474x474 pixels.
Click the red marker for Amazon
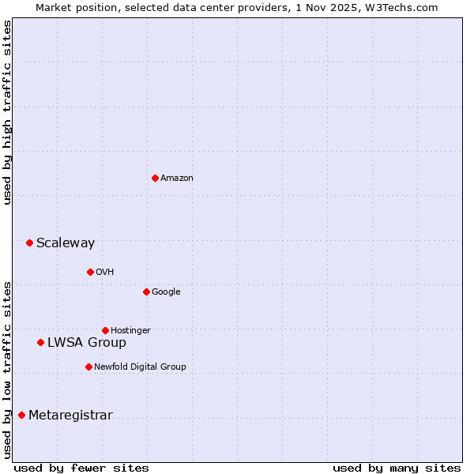[x=155, y=178]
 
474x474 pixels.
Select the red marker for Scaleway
[x=29, y=243]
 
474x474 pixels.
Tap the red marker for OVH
[x=90, y=272]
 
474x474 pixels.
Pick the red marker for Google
[x=146, y=292]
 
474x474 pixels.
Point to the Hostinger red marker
[x=105, y=330]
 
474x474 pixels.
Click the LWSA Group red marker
[x=40, y=342]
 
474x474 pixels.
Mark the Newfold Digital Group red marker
[x=88, y=367]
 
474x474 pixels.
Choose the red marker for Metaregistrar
[x=21, y=415]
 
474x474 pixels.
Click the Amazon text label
[x=177, y=179]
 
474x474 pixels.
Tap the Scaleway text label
[x=66, y=243]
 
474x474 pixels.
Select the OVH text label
[x=105, y=273]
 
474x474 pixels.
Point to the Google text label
[x=166, y=292]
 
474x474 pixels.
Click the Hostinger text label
[x=130, y=330]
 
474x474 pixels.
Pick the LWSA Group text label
[x=87, y=343]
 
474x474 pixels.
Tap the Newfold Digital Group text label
[x=140, y=367]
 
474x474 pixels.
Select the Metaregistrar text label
[x=70, y=416]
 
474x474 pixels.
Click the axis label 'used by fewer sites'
[x=81, y=468]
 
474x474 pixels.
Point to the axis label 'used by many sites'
[x=397, y=468]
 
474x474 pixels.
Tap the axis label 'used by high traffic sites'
[x=7, y=112]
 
